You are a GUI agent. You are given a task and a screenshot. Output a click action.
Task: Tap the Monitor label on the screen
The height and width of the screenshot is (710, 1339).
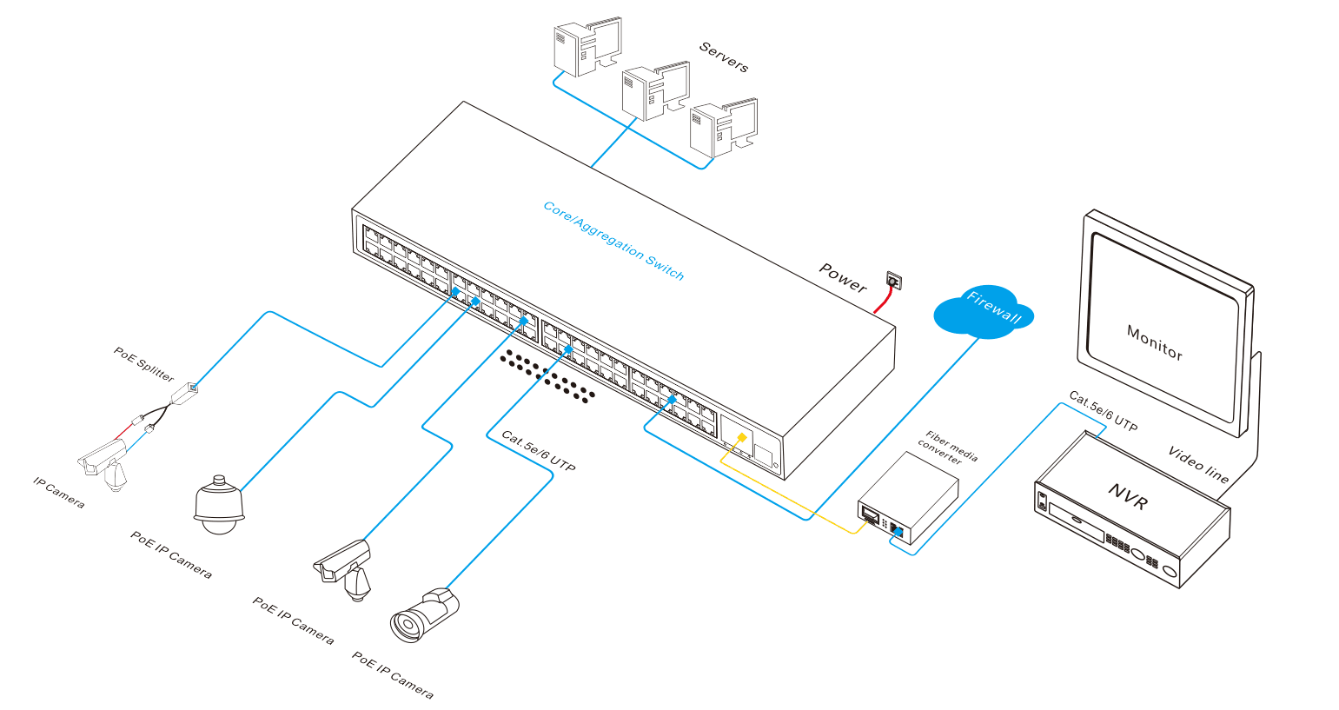[1154, 342]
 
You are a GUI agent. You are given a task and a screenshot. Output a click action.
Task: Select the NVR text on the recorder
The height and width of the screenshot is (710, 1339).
[1128, 496]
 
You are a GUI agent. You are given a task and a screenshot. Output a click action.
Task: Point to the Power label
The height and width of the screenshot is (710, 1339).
[843, 277]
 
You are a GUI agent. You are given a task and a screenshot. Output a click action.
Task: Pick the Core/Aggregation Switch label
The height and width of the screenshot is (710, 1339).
[613, 241]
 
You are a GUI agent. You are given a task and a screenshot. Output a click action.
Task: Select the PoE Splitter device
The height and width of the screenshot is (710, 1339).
[184, 396]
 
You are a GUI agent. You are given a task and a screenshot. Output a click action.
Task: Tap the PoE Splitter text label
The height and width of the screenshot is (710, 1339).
[144, 364]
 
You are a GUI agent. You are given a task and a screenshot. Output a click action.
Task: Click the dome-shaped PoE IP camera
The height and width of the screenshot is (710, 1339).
[218, 504]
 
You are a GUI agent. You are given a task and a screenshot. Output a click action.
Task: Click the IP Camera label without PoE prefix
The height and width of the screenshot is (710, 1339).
[59, 493]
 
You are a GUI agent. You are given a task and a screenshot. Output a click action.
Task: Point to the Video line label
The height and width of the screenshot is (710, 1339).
[1198, 465]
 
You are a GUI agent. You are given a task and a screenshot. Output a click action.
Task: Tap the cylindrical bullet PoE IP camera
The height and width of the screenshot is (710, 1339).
[422, 616]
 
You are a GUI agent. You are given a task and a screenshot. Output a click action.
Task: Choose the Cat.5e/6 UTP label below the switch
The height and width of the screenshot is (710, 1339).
[539, 451]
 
